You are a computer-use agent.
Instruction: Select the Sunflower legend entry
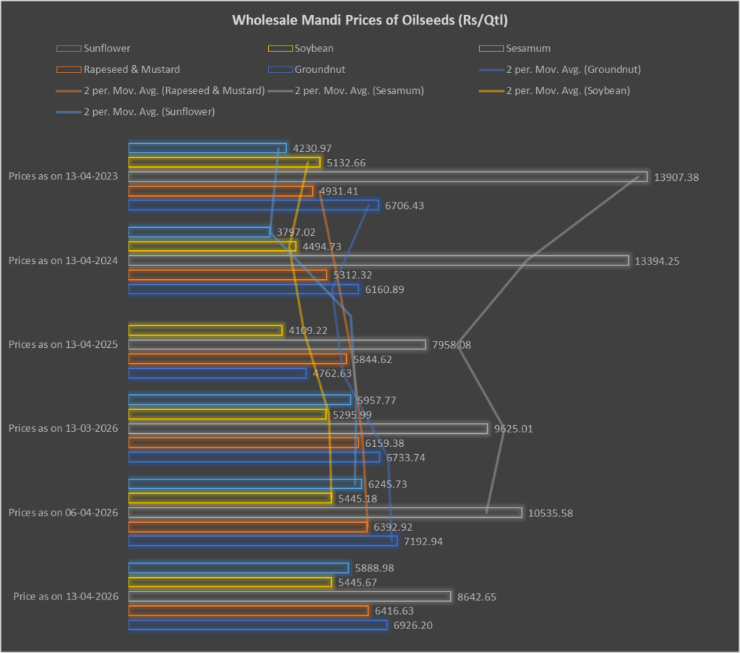tap(107, 48)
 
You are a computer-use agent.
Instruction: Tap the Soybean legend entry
tap(314, 48)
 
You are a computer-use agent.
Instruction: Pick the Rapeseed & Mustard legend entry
tap(132, 69)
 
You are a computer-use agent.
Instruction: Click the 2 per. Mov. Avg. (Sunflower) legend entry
tap(149, 111)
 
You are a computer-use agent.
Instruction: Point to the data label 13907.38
tap(677, 176)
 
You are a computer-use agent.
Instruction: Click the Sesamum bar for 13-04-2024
tap(378, 260)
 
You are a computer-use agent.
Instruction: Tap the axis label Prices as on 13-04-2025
tap(64, 344)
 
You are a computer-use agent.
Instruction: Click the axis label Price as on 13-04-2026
tap(66, 597)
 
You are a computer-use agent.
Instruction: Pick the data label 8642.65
tap(476, 597)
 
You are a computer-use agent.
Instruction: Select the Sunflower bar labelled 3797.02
tap(199, 232)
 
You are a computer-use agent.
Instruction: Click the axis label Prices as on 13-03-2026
tap(64, 428)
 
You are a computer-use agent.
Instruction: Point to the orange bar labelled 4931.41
tap(220, 191)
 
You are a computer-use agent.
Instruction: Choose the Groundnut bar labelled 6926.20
tap(257, 625)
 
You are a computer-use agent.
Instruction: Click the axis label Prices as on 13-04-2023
tap(64, 176)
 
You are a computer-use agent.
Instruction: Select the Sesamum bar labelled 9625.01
tap(308, 429)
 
